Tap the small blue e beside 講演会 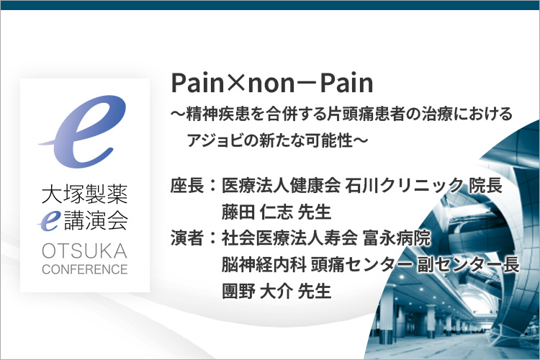click(x=49, y=220)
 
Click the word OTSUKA click(x=84, y=251)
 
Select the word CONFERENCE click(x=85, y=269)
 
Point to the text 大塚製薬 click(x=85, y=194)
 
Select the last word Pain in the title click(x=347, y=84)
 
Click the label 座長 click(x=187, y=185)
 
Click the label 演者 click(x=187, y=238)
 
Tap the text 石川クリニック click(x=405, y=185)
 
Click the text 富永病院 click(x=397, y=238)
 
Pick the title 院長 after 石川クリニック click(x=485, y=185)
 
